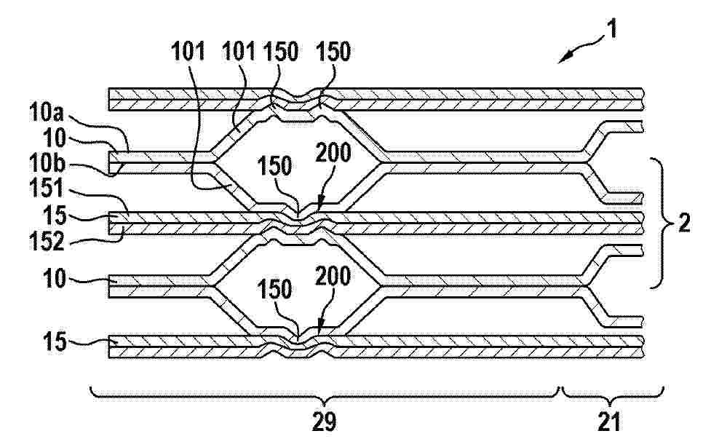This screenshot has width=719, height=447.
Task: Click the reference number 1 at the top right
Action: tap(612, 28)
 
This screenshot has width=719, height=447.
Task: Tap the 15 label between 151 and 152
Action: tap(54, 215)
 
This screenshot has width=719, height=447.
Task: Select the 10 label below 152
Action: tap(54, 279)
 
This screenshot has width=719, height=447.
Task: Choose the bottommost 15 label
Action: tap(54, 342)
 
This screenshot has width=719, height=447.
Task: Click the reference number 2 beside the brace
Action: tap(684, 223)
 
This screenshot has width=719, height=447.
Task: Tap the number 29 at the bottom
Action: tap(324, 422)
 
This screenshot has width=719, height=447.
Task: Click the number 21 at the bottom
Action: tap(609, 421)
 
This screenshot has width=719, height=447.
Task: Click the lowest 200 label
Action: tap(333, 276)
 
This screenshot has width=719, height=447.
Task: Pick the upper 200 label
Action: tap(333, 153)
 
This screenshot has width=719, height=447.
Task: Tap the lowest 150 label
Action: tap(274, 290)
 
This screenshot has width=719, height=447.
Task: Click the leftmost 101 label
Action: tap(188, 52)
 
